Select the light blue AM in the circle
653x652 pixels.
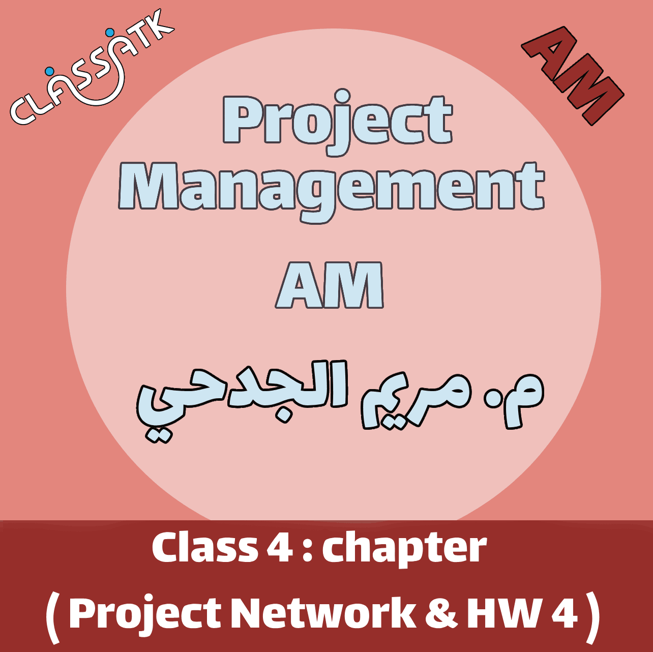point(330,286)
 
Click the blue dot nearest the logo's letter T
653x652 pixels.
point(109,33)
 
